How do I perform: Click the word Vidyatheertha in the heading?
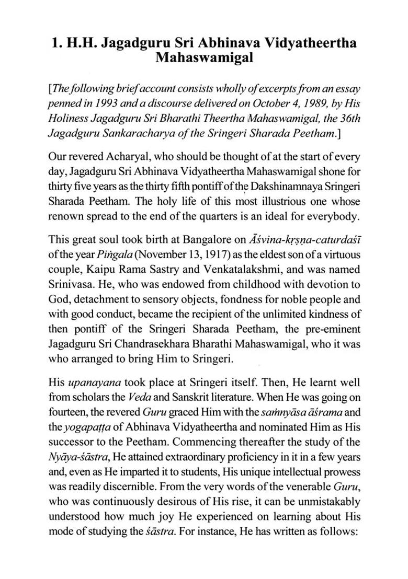tap(295, 43)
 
